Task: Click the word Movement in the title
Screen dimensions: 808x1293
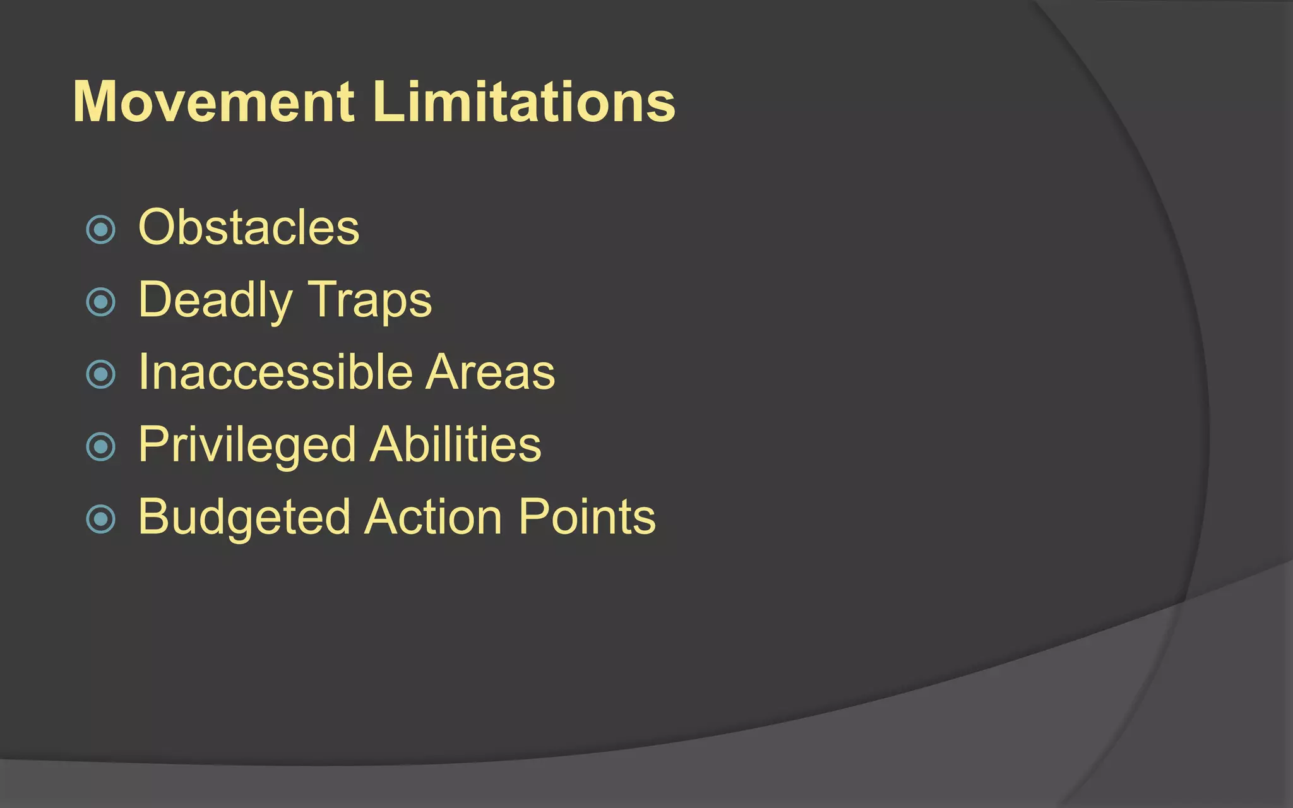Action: coord(214,102)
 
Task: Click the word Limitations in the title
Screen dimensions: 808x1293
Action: coord(524,102)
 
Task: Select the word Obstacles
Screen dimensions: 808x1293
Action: coord(249,227)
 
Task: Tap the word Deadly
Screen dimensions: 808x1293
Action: coord(215,300)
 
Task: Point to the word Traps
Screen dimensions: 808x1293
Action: coord(371,300)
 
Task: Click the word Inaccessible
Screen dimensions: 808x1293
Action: coord(275,372)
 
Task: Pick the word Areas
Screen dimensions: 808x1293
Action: coord(491,372)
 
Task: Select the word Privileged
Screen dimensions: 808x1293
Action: coord(247,446)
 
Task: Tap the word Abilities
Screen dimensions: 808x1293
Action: coord(455,444)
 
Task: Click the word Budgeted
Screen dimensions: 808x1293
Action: coord(244,518)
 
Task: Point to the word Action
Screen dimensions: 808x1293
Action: coord(434,517)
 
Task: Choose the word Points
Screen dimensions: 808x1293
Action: coord(587,517)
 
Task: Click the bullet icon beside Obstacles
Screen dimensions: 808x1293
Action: coord(101,230)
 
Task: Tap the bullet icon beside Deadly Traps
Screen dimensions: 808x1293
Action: coord(101,302)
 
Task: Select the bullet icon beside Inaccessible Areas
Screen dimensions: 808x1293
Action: coord(101,374)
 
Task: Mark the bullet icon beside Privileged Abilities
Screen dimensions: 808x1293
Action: coord(101,447)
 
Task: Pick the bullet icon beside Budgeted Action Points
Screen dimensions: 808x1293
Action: coord(101,520)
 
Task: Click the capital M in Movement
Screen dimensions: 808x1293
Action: coord(99,102)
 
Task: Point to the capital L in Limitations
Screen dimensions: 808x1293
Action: coord(386,102)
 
